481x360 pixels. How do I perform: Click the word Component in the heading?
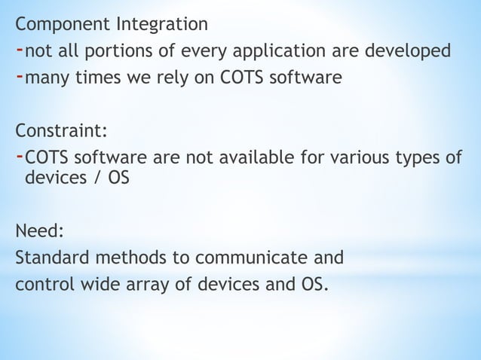click(x=66, y=25)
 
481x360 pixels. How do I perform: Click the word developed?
click(x=409, y=50)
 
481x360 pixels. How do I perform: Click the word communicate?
click(x=259, y=258)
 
